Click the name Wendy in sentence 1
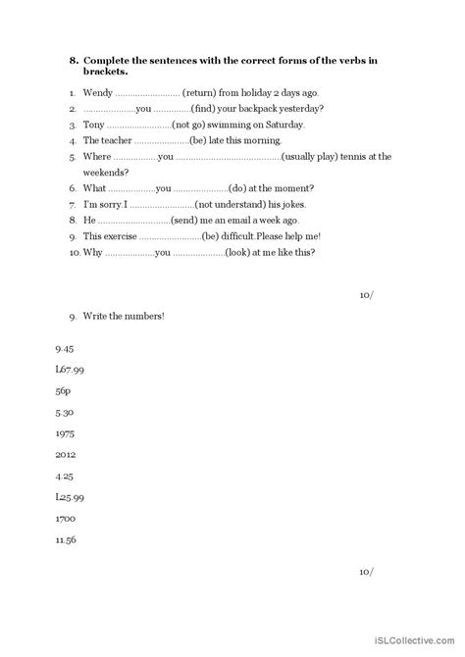coord(96,92)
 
